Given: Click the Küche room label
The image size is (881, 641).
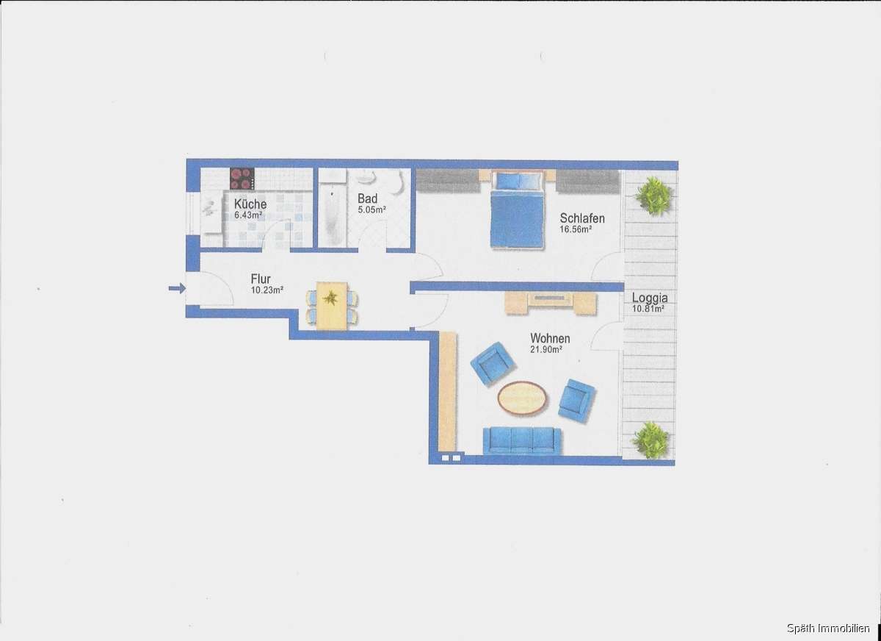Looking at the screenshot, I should (250, 204).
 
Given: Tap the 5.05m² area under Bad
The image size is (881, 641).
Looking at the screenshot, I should (371, 210).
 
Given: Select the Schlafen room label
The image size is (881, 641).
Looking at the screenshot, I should (582, 218).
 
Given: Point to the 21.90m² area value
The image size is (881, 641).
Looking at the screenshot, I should (546, 349).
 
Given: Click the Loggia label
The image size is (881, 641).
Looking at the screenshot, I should (650, 298).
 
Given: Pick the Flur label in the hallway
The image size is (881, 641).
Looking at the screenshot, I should (261, 279).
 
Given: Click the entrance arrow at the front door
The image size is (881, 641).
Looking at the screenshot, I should (176, 288).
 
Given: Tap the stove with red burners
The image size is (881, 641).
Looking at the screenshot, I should (242, 179).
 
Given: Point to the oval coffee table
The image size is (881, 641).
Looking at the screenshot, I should (523, 398).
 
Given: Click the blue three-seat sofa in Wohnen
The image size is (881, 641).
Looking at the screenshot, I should (522, 440).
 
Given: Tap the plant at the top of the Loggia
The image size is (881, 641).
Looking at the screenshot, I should (653, 196).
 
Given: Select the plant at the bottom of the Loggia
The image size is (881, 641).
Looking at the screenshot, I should (650, 440).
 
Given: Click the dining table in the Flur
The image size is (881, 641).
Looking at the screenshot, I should (332, 305).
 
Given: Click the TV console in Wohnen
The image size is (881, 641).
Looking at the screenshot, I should (550, 301).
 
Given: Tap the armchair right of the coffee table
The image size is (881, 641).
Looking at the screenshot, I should (575, 401).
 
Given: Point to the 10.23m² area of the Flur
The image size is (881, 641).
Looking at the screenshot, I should (267, 290).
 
